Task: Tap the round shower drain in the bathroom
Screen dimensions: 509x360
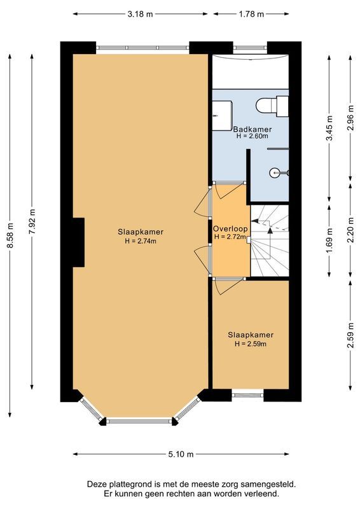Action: coord(274,171)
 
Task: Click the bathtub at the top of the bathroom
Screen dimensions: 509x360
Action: coord(249,72)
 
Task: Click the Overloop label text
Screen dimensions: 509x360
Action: coord(230,228)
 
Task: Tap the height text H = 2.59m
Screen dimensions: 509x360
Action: coord(250,344)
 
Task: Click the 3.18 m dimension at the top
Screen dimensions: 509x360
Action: coord(140,13)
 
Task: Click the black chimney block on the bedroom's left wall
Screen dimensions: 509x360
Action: coord(78,242)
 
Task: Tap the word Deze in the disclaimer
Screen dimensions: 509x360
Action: coord(99,484)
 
